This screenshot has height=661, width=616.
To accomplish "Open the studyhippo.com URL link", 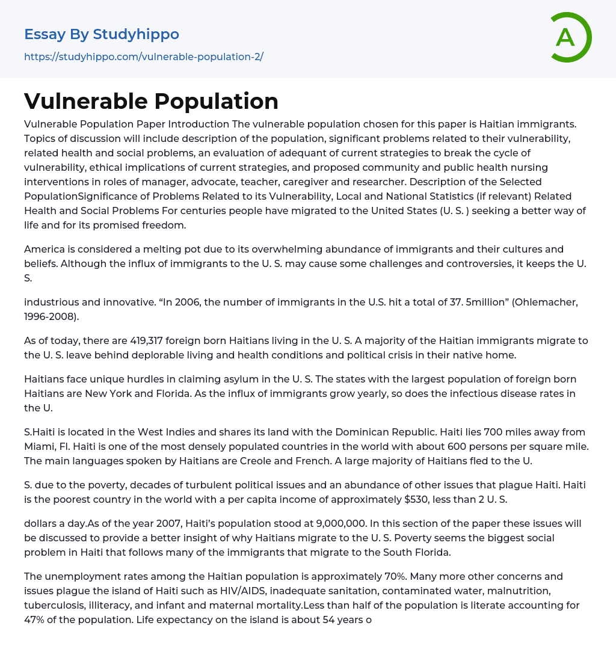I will click(144, 57).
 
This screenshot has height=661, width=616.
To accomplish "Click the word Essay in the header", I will click(45, 34).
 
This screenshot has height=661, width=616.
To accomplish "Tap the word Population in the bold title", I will click(215, 102).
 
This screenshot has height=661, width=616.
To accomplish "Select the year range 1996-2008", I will click(51, 316).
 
